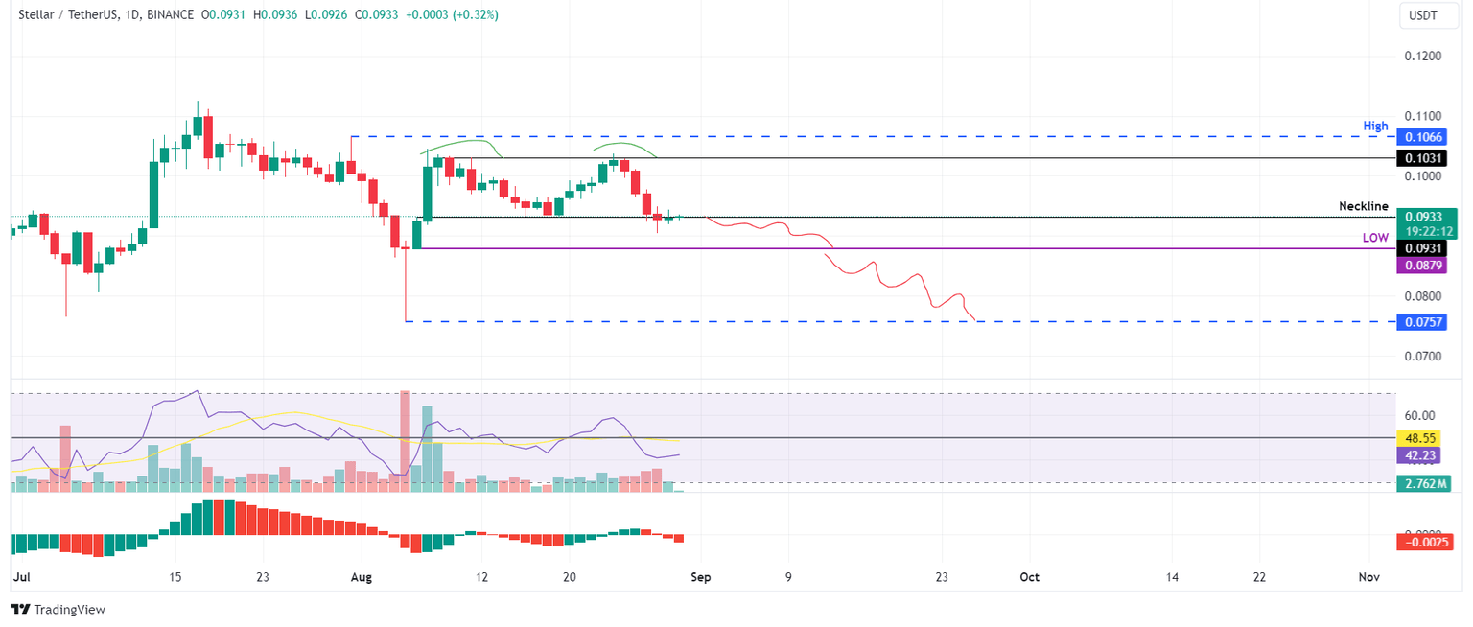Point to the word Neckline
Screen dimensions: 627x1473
pos(1363,206)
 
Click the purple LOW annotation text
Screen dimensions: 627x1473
pos(1375,238)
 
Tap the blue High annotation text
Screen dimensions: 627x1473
pos(1375,126)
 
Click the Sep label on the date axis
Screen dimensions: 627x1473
pos(701,578)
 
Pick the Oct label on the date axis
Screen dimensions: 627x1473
pos(1029,578)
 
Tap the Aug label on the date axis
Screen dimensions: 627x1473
pos(361,578)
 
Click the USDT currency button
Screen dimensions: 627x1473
pos(1422,15)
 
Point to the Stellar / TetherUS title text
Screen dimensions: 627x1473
pos(74,15)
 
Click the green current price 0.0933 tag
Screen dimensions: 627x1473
pos(1425,217)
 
